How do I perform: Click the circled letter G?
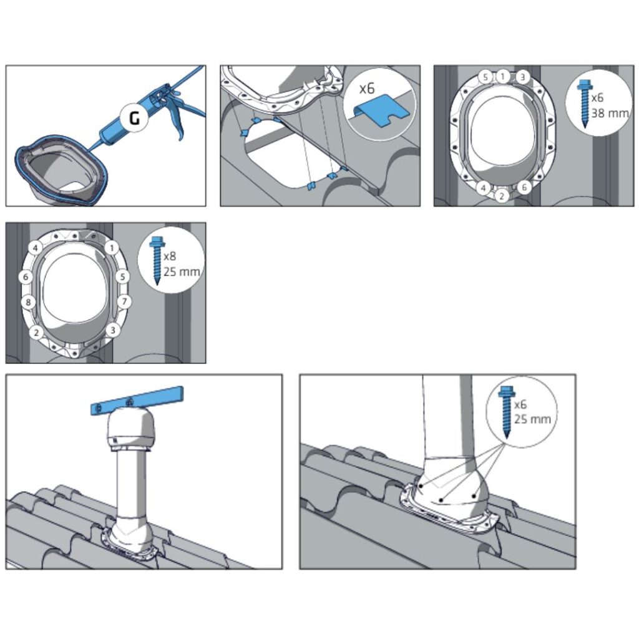click(134, 118)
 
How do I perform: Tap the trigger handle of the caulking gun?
click(178, 118)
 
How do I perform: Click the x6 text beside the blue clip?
click(367, 89)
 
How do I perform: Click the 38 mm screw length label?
click(610, 113)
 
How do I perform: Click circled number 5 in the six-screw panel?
click(485, 77)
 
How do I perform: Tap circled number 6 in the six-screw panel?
click(524, 187)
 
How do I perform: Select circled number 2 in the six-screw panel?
click(502, 196)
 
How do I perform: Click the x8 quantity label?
click(170, 256)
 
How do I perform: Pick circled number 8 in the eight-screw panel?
click(28, 303)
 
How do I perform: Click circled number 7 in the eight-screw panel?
click(124, 301)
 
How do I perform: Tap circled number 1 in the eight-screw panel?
click(112, 247)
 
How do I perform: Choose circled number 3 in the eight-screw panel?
click(113, 330)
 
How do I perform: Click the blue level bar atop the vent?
click(137, 401)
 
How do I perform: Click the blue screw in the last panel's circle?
click(507, 412)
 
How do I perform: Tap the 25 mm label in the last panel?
click(532, 419)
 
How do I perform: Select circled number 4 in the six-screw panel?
click(484, 188)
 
